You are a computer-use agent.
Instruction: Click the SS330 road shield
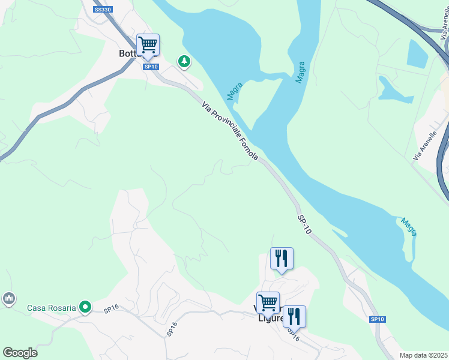click(x=103, y=10)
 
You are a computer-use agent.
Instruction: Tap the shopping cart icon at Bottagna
click(x=148, y=44)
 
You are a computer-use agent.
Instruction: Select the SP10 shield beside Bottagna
click(x=151, y=67)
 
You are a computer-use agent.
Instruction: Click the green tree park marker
click(x=184, y=61)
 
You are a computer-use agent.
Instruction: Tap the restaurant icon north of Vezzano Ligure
click(x=282, y=259)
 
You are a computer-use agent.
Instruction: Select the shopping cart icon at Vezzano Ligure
click(x=268, y=302)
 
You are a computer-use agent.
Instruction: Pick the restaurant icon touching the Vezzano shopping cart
click(x=294, y=316)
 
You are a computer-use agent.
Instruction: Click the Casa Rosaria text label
click(x=52, y=308)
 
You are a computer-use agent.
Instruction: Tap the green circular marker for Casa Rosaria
click(x=85, y=308)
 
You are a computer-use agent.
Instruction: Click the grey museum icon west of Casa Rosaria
click(x=8, y=298)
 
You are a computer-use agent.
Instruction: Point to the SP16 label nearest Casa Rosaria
click(x=112, y=310)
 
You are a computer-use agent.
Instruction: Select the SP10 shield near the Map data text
click(x=377, y=320)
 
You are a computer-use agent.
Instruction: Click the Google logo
click(x=20, y=353)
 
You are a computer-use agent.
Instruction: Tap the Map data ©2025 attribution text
click(x=423, y=355)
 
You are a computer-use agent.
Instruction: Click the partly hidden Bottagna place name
click(x=128, y=53)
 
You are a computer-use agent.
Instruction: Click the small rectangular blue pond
click(x=417, y=53)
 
